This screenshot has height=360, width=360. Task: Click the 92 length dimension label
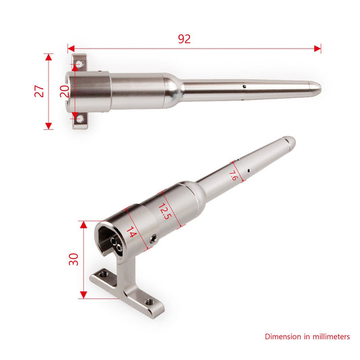[x=184, y=38]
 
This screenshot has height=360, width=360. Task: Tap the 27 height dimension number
[x=38, y=92]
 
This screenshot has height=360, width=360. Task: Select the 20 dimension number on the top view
[x=64, y=91]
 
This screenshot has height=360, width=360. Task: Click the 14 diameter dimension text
[x=131, y=233]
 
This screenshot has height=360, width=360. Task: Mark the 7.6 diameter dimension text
[x=232, y=176]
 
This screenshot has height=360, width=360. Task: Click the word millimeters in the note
[x=328, y=336]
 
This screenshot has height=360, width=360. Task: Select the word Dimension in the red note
[x=284, y=336]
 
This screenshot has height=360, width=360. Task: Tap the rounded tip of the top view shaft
[x=318, y=87]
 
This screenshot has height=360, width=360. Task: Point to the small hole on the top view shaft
[x=242, y=86]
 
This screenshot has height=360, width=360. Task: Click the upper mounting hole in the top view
[x=80, y=63]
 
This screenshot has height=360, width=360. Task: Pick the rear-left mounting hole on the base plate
[x=103, y=274]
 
